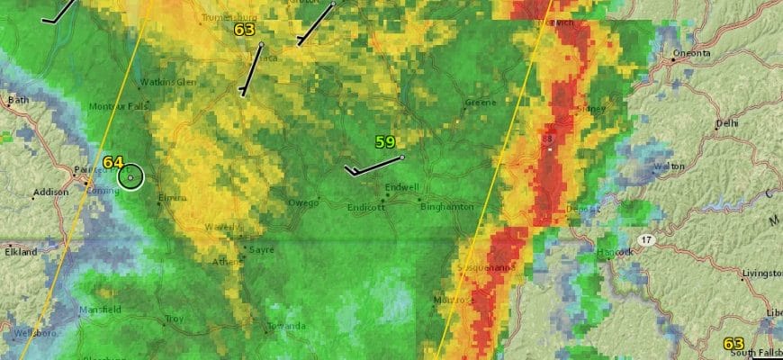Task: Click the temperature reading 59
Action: coord(385,142)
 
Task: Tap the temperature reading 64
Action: coord(112,163)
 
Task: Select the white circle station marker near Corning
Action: coord(131,177)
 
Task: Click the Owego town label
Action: coord(303,202)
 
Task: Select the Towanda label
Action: coord(286,326)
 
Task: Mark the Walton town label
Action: coord(670,166)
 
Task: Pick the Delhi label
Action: coord(726,123)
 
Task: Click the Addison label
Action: coord(49,193)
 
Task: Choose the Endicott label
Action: coord(366,207)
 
